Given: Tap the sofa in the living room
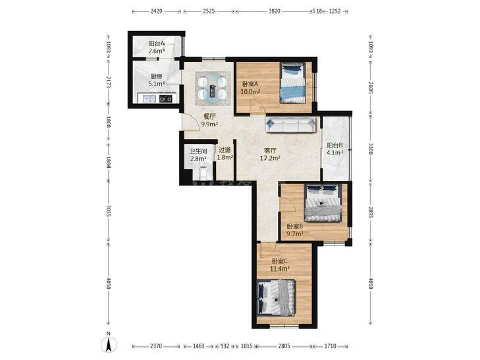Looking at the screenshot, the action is (291, 125).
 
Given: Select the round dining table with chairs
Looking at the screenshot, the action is (213, 89).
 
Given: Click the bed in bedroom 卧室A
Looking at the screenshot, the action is (293, 83).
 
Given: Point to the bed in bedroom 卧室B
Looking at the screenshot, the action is (323, 203).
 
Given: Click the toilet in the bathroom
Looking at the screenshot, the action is (203, 173).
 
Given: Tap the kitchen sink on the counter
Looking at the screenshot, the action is (147, 99).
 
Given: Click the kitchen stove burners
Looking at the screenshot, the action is (166, 99).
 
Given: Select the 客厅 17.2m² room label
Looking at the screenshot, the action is (271, 155).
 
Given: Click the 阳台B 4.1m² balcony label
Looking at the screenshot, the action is (334, 149).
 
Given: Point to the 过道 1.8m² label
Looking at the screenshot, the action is (225, 154).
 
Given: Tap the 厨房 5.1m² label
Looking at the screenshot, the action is (157, 80).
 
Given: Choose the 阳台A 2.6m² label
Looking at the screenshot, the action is (157, 47).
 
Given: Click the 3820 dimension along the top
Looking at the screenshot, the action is (275, 11).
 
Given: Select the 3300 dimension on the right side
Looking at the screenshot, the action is (371, 149).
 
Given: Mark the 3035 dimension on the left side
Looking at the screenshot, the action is (108, 211).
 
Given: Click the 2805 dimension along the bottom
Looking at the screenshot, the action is (284, 346).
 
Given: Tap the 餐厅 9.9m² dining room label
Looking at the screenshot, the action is (209, 120).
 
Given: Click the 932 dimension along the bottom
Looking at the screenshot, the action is (225, 346).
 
